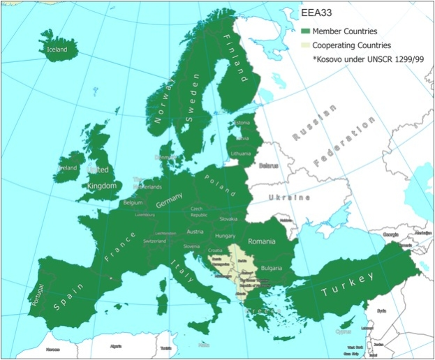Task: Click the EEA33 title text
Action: tap(316, 13)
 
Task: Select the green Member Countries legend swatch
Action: tap(305, 31)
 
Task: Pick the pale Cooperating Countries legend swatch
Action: tap(305, 45)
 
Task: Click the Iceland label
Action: tap(57, 50)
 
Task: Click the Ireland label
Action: tap(68, 168)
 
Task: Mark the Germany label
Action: tap(169, 203)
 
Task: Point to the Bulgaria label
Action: tap(271, 268)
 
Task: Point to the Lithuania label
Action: tap(240, 152)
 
